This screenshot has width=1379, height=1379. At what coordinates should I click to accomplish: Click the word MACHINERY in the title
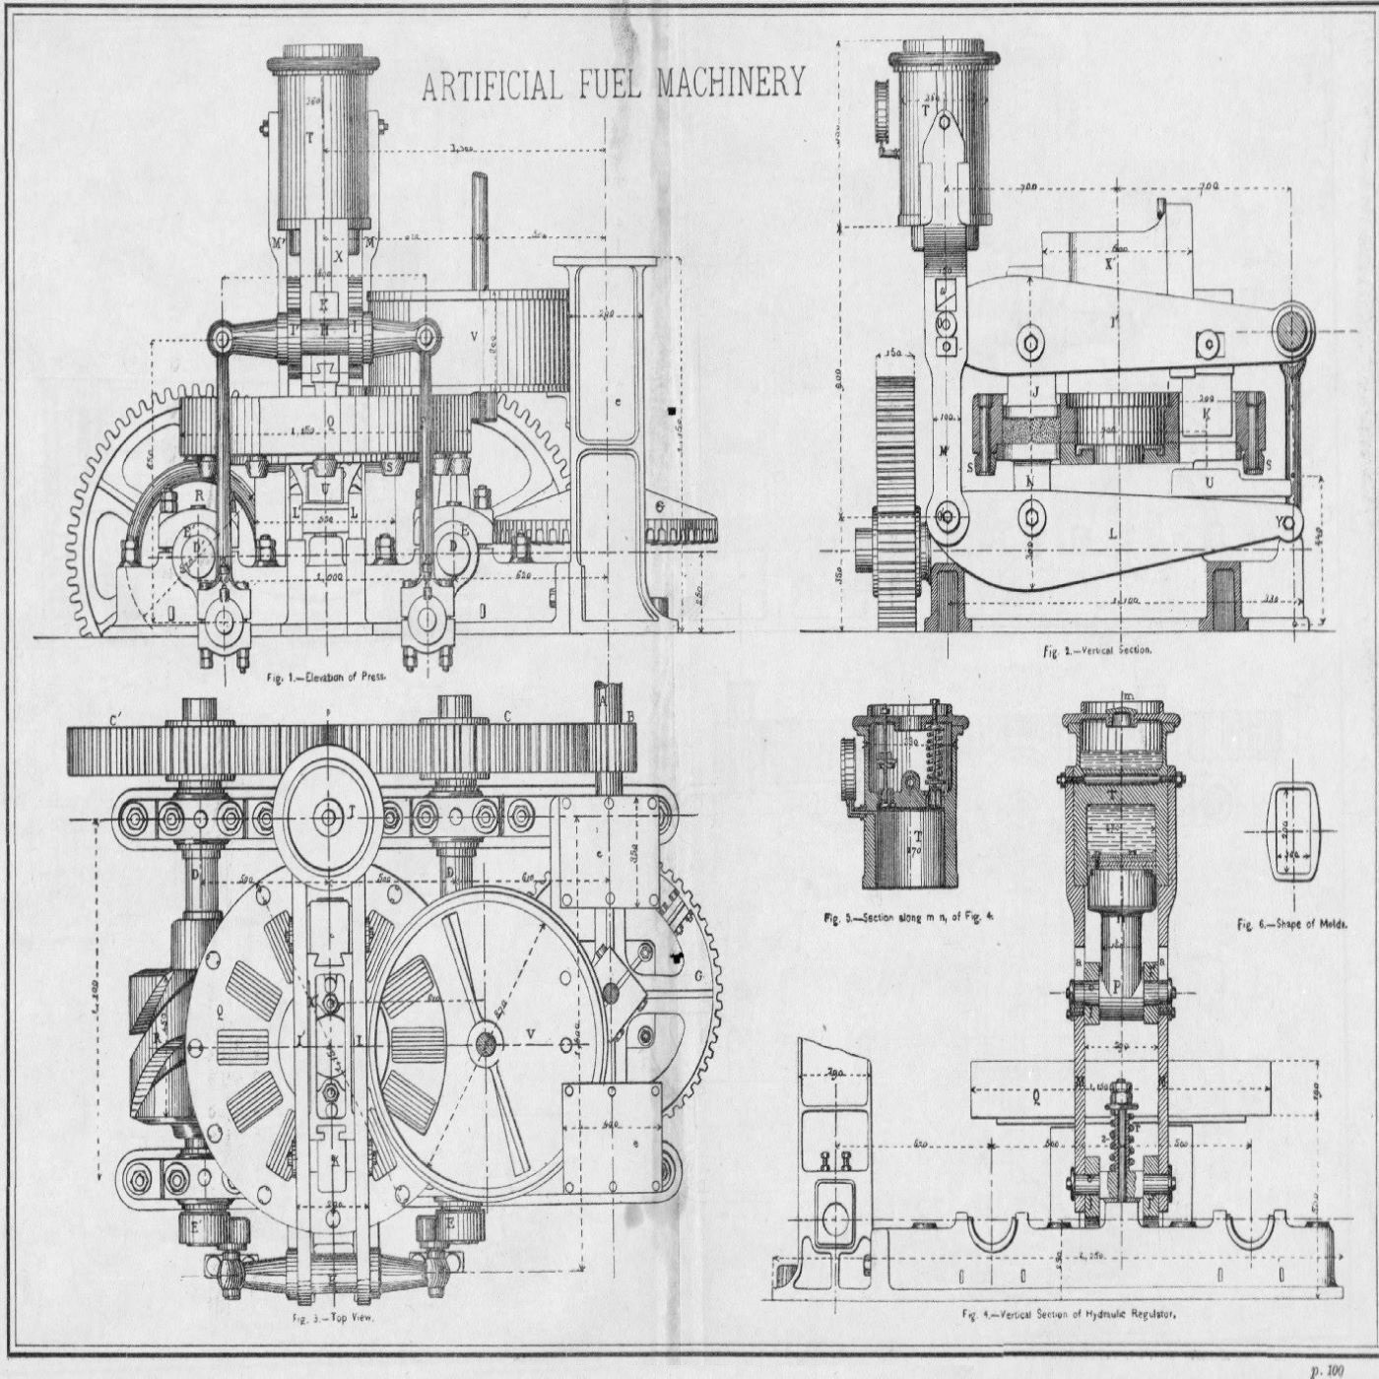tap(731, 83)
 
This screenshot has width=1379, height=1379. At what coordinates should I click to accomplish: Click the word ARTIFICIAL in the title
tap(492, 87)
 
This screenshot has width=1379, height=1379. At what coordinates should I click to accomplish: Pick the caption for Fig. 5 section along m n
tap(909, 917)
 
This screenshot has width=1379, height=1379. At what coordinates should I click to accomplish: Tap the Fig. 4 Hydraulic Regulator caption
tap(1070, 1314)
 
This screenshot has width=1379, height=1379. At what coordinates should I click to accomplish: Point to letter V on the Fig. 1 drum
tap(474, 336)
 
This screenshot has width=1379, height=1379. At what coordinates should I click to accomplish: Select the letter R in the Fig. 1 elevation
tap(200, 495)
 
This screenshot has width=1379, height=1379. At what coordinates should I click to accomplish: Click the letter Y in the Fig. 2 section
tap(1280, 521)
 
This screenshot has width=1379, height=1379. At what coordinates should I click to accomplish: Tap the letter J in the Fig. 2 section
tap(1036, 392)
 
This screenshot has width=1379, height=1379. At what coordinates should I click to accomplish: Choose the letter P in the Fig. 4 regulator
tap(1116, 985)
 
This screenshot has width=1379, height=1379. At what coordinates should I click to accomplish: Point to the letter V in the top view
tap(531, 1032)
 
